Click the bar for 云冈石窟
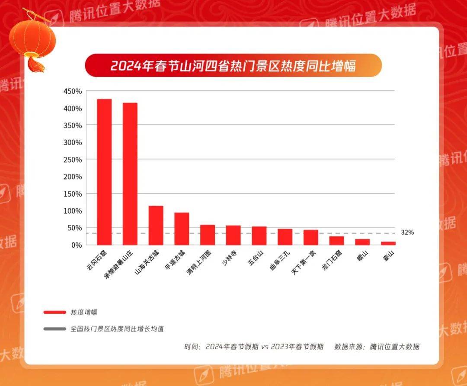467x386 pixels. pyautogui.click(x=104, y=172)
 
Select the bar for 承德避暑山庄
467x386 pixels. pyautogui.click(x=130, y=173)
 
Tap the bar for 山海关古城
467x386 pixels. pyautogui.click(x=156, y=225)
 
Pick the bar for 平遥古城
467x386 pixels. pyautogui.click(x=182, y=229)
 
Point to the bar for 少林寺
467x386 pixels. pyautogui.click(x=233, y=235)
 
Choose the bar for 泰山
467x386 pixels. pyautogui.click(x=388, y=243)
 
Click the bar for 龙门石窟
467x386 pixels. pyautogui.click(x=336, y=241)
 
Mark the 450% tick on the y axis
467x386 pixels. pyautogui.click(x=72, y=91)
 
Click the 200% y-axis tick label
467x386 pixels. pyautogui.click(x=72, y=176)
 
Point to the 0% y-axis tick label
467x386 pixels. pyautogui.click(x=76, y=245)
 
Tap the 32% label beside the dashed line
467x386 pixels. pyautogui.click(x=407, y=233)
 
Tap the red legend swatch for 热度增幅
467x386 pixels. pyautogui.click(x=54, y=312)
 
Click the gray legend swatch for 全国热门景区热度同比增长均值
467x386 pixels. pyautogui.click(x=54, y=329)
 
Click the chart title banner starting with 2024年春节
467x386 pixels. pyautogui.click(x=233, y=66)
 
